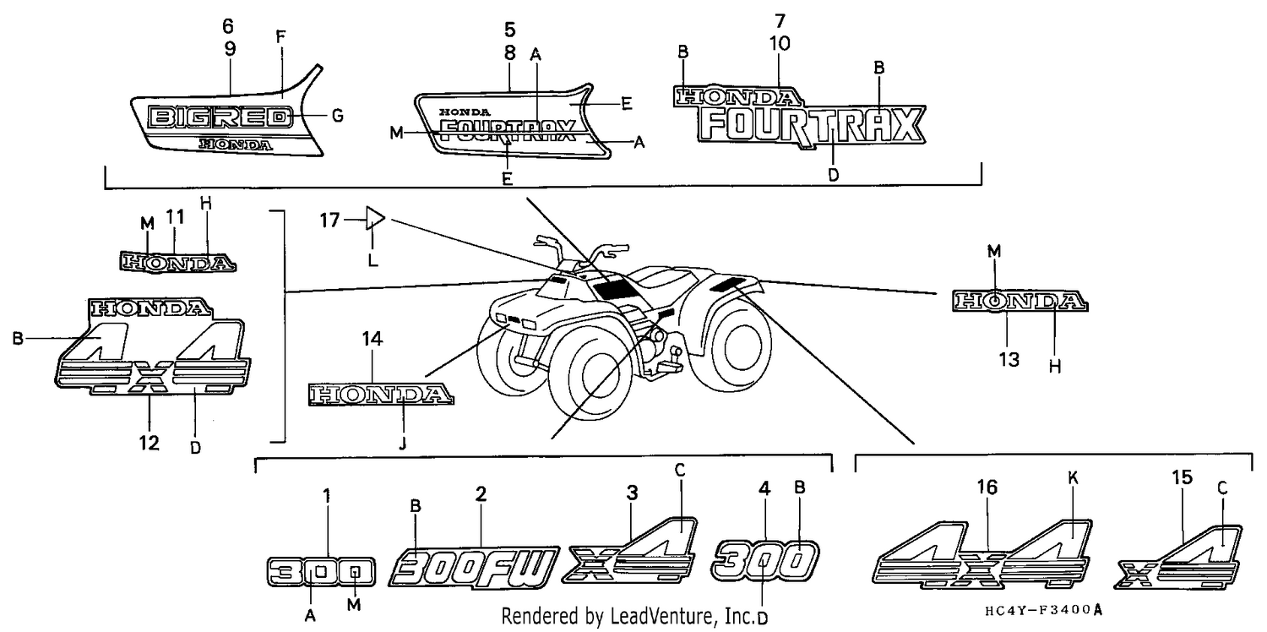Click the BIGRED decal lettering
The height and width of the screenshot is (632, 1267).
(220, 117)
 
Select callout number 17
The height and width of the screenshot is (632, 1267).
(329, 220)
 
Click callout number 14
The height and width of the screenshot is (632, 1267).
(372, 339)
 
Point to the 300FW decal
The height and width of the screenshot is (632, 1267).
(474, 568)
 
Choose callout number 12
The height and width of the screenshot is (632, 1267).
(150, 443)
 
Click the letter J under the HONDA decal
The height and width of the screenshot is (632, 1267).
(402, 444)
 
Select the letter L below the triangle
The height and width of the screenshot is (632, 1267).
(372, 260)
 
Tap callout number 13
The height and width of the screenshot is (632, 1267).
(1009, 359)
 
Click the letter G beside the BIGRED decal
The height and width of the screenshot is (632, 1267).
(338, 116)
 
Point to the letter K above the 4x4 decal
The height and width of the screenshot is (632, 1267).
(1073, 478)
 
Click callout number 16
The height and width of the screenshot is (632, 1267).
(987, 487)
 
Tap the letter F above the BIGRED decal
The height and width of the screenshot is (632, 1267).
(280, 37)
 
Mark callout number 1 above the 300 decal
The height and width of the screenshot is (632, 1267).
(326, 496)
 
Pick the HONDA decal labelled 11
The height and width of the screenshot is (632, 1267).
(177, 263)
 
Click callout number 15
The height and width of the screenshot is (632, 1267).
(1183, 477)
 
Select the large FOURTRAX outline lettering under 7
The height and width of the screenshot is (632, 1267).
(811, 127)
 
